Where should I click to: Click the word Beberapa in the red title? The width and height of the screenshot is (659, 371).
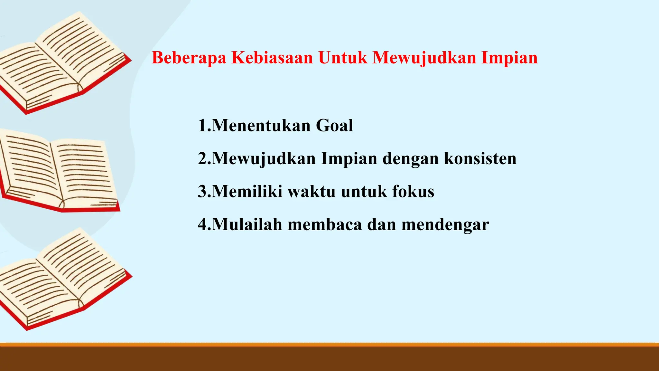(189, 58)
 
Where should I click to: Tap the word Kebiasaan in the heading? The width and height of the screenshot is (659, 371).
(272, 58)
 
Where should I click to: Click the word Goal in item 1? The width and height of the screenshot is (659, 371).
(334, 126)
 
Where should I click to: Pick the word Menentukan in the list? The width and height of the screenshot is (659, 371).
(261, 126)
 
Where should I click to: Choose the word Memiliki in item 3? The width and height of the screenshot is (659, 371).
(247, 192)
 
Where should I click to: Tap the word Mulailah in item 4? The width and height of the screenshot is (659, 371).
(247, 224)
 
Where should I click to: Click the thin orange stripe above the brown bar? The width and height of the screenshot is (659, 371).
(329, 345)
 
